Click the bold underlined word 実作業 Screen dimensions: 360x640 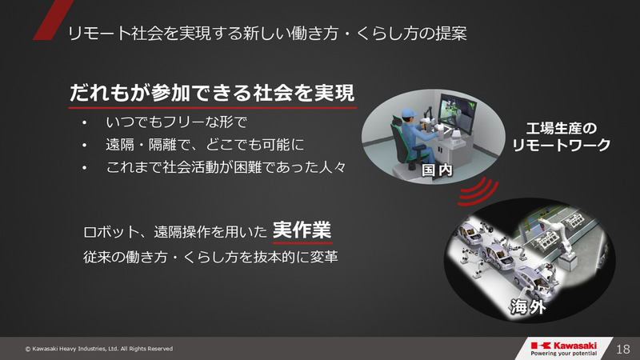tap(302, 229)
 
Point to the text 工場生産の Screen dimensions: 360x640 tap(563, 128)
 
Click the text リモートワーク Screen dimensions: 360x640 tap(562, 146)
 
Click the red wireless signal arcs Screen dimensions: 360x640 tap(478, 190)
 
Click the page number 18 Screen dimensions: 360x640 tap(624, 349)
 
